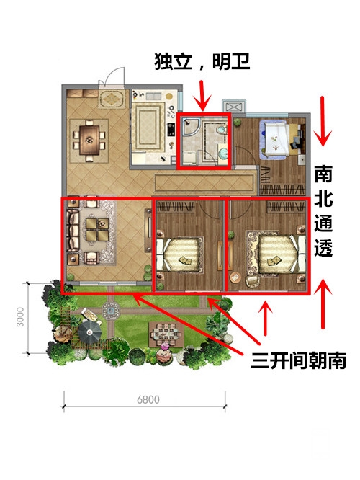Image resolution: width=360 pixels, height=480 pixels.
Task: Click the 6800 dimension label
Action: (x=148, y=399)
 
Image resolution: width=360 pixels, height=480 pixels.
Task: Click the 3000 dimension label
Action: (x=20, y=317)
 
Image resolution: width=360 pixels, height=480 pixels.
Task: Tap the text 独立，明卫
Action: (x=202, y=61)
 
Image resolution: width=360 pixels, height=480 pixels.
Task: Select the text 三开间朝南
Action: (x=299, y=360)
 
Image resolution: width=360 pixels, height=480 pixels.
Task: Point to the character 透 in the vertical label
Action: (x=323, y=246)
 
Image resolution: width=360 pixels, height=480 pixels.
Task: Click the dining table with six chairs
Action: (x=89, y=141)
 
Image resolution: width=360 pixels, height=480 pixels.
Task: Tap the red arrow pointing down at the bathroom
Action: (x=202, y=95)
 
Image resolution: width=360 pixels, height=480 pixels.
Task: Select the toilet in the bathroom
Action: (x=221, y=130)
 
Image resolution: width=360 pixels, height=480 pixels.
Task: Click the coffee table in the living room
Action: (x=97, y=229)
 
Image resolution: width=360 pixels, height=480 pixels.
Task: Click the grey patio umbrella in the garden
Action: (x=89, y=332)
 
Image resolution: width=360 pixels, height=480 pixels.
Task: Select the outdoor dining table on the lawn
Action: (x=166, y=334)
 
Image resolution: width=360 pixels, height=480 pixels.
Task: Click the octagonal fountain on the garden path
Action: (x=111, y=311)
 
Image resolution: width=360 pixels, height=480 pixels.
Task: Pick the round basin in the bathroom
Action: (x=223, y=153)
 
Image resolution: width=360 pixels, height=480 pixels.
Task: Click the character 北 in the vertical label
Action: (x=323, y=199)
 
